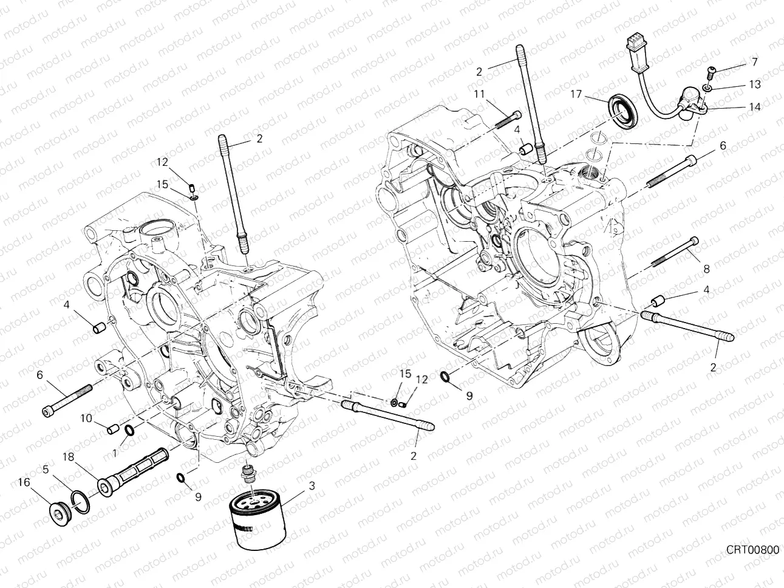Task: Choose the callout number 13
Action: (754, 84)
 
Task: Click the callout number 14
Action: (754, 106)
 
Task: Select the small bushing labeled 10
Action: (112, 430)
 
